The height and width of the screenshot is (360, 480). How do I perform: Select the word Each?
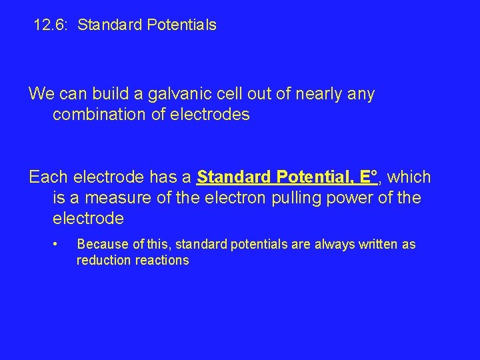pyautogui.click(x=48, y=177)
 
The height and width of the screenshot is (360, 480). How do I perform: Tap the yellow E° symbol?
pyautogui.click(x=369, y=177)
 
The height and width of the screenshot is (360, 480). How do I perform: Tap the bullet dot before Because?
pyautogui.click(x=59, y=243)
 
